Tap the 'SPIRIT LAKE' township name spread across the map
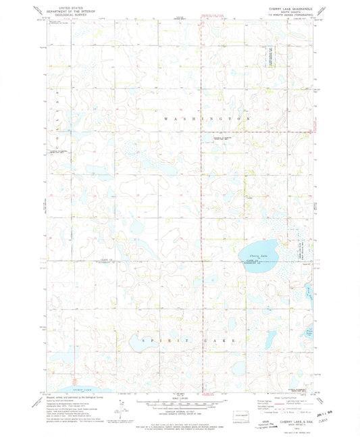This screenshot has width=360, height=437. [x=184, y=340]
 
